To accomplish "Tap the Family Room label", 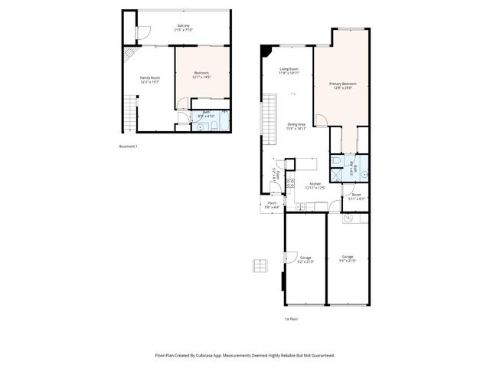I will tap(149, 80).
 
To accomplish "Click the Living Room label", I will tap(289, 71).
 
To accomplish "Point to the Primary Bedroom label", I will tap(343, 85).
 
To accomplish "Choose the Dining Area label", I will tap(297, 127).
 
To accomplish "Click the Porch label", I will tap(272, 205).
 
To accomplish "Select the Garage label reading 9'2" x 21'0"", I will tap(305, 259).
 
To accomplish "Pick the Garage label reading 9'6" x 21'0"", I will tap(348, 258).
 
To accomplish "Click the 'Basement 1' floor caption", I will tap(129, 146).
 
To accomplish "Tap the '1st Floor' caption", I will tap(290, 317).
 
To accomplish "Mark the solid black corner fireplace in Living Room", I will tap(265, 51).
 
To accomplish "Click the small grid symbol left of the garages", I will tap(260, 265).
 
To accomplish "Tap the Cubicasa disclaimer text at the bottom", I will tap(245, 356).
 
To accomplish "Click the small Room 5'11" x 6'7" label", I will tap(356, 197).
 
